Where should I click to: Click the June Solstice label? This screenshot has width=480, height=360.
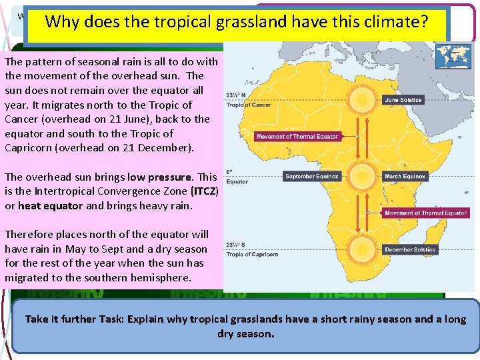point(403,100)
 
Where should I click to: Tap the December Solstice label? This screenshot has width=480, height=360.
point(410,249)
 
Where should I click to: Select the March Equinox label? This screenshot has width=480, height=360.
point(405,177)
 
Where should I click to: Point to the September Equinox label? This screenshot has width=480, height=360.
point(311,177)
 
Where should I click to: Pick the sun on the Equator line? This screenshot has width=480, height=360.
point(363,177)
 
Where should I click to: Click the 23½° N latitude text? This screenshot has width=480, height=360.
point(236,95)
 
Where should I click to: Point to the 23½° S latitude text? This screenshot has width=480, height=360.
point(236,245)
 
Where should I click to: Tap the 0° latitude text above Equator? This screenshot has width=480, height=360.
point(229,171)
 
